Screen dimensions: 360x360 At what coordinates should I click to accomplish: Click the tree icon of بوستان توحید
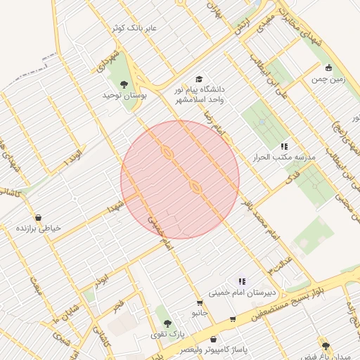tap(124, 85)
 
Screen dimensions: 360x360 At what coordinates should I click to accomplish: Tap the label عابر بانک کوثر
tap(134, 28)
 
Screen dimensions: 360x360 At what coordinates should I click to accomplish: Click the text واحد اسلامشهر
tap(201, 100)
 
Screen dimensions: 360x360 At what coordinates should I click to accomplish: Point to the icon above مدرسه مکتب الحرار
tap(284, 146)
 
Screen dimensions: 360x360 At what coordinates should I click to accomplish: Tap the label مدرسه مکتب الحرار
tap(284, 157)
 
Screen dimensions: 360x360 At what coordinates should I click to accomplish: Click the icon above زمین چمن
tap(328, 68)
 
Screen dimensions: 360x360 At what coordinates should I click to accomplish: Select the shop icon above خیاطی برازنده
tap(37, 217)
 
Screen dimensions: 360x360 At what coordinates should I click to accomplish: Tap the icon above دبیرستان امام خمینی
tap(242, 281)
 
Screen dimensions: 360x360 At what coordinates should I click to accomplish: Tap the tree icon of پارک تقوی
tap(166, 323)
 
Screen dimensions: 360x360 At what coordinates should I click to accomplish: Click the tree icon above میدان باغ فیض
tap(325, 345)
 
